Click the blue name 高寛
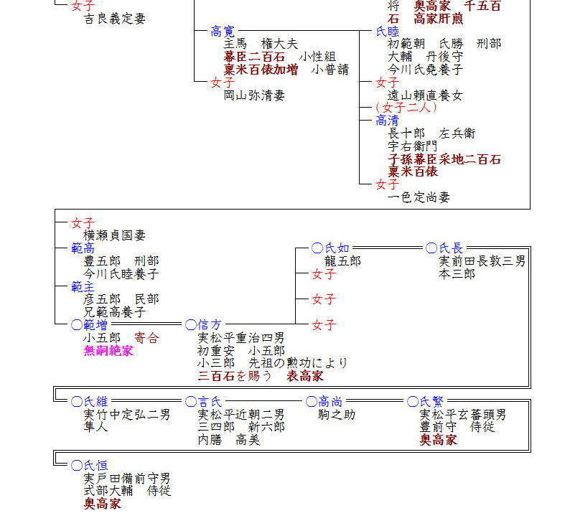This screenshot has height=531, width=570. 223,31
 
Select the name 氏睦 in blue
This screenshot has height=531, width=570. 388,31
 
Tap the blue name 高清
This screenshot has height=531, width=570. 388,121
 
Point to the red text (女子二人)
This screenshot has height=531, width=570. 406,108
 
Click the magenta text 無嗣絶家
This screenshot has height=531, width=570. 108,351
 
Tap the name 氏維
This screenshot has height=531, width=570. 95,402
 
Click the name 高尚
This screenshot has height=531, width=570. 330,402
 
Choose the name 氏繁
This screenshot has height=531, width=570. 431,402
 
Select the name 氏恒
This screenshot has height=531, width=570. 95,466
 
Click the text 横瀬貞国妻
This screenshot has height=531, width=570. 115,235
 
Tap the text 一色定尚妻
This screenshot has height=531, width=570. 419,197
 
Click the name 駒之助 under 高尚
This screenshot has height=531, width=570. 337,415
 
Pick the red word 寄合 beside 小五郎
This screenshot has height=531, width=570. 146,338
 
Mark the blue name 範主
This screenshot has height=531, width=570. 83,286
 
